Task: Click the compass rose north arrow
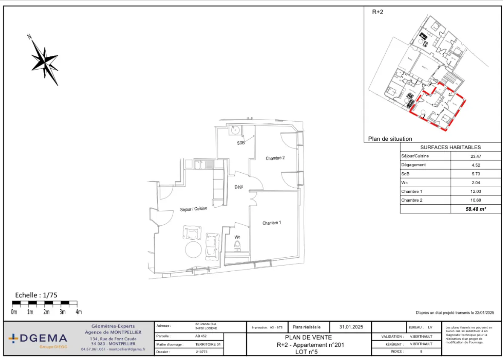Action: (44, 59)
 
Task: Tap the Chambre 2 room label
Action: (275, 158)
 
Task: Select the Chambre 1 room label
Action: (272, 223)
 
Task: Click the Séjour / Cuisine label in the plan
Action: (194, 209)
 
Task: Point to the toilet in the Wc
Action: (237, 246)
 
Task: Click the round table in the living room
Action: (193, 250)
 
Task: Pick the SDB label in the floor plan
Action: (241, 143)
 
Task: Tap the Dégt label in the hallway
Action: (238, 187)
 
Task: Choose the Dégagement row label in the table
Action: (413, 165)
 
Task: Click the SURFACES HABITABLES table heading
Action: (451, 147)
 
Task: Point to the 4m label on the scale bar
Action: (79, 312)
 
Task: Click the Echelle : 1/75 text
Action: (36, 295)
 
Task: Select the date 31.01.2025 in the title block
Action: (351, 327)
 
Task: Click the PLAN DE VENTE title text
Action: (308, 337)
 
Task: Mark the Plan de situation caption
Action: (390, 139)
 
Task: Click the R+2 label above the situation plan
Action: (378, 12)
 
